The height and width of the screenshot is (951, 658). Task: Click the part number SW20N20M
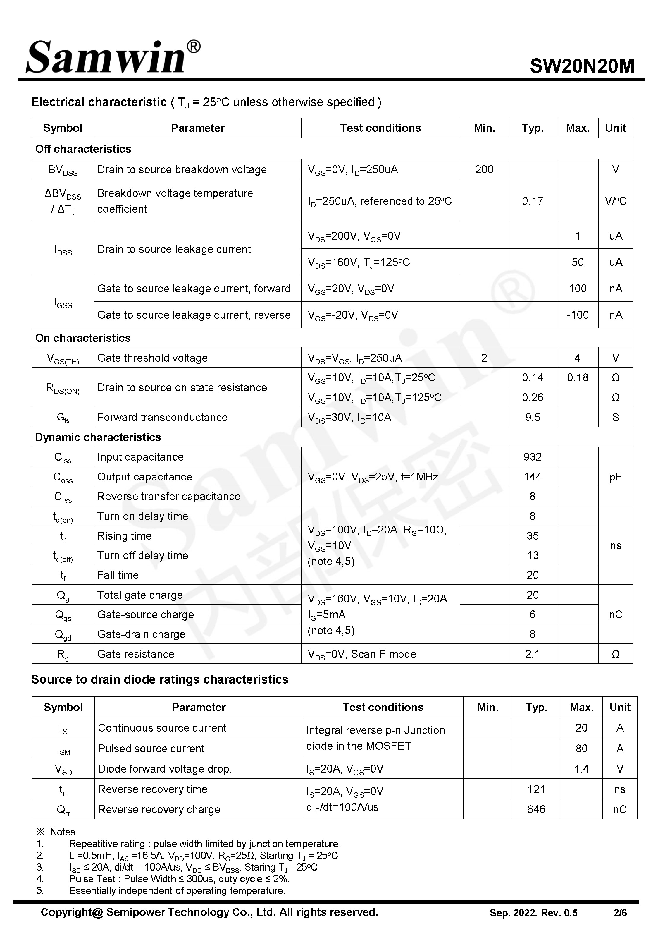pyautogui.click(x=582, y=66)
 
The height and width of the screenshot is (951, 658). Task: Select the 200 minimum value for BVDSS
pyautogui.click(x=484, y=169)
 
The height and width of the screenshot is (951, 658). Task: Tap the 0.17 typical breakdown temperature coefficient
pyautogui.click(x=532, y=201)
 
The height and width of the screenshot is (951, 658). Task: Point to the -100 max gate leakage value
pyautogui.click(x=577, y=315)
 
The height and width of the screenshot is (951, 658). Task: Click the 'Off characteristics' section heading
pyautogui.click(x=83, y=149)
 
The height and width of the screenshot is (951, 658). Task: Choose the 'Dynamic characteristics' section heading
pyautogui.click(x=98, y=437)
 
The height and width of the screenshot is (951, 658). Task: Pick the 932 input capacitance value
pyautogui.click(x=532, y=457)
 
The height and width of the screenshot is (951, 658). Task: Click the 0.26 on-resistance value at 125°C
pyautogui.click(x=532, y=398)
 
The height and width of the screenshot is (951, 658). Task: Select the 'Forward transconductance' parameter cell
pyautogui.click(x=162, y=417)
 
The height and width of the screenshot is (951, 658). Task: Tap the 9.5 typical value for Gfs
pyautogui.click(x=532, y=417)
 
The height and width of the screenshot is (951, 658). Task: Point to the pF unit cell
pyautogui.click(x=615, y=477)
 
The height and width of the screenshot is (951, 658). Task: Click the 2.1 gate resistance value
pyautogui.click(x=532, y=654)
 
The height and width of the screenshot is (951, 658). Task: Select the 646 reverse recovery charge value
pyautogui.click(x=536, y=810)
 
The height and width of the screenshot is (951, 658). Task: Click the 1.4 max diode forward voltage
pyautogui.click(x=581, y=769)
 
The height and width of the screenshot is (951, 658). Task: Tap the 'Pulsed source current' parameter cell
pyautogui.click(x=151, y=749)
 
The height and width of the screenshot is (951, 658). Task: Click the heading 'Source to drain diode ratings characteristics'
pyautogui.click(x=160, y=679)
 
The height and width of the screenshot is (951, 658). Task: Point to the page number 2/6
pyautogui.click(x=620, y=913)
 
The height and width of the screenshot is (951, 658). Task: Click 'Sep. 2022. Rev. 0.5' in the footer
pyautogui.click(x=533, y=913)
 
